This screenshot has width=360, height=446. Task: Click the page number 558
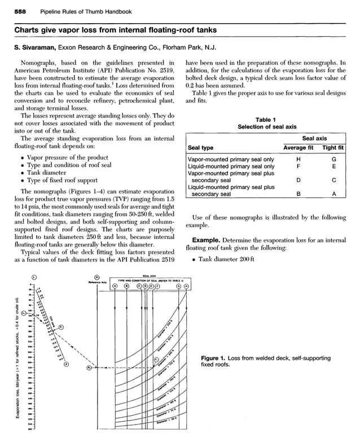pos(21,11)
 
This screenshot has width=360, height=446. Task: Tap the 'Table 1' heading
pos(265,120)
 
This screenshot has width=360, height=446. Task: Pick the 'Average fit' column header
pos(298,148)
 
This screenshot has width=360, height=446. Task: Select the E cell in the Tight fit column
pos(334,166)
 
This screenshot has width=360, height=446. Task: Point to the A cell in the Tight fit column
pos(334,194)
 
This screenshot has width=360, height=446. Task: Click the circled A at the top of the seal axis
pos(115,286)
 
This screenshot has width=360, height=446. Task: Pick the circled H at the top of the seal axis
pos(186,286)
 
